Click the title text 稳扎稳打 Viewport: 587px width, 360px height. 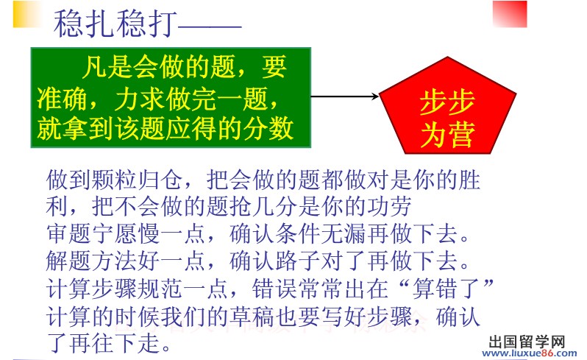click(x=115, y=24)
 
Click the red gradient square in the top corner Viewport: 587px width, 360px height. click(x=510, y=14)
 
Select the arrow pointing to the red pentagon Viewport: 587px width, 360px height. click(x=345, y=96)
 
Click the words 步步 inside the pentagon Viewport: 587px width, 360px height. click(x=447, y=102)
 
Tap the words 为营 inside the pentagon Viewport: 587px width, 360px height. click(x=448, y=134)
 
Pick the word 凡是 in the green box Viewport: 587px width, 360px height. click(x=107, y=67)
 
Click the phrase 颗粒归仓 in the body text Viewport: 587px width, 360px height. click(x=115, y=180)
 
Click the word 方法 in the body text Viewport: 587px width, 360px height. click(x=115, y=261)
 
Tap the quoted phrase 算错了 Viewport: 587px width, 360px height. click(x=447, y=288)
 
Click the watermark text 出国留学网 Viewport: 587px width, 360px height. click(x=527, y=342)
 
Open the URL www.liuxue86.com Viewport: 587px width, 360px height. click(x=530, y=353)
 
